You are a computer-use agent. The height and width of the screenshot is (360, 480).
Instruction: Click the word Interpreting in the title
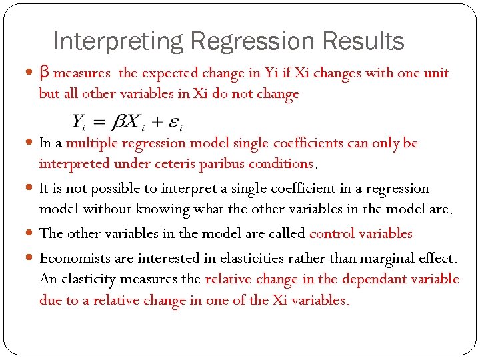117,42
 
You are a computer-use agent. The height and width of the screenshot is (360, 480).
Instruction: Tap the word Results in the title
363,42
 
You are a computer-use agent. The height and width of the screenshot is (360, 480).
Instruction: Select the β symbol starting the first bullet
44,73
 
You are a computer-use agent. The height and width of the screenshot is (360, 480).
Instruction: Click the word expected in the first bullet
169,73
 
